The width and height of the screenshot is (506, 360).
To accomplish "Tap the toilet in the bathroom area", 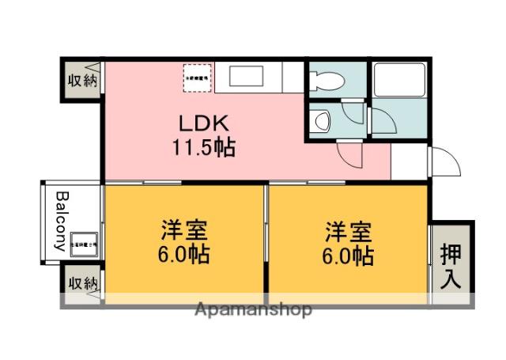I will coord(327,80).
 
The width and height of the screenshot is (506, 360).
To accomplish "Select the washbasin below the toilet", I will coord(322,120).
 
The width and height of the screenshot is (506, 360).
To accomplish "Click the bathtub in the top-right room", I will coord(400,80).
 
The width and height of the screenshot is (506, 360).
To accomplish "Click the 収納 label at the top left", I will coord(82,80).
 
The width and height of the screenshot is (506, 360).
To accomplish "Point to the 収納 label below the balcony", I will coord(82,282).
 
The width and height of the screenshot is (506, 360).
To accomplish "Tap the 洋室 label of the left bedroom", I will coord(184,233).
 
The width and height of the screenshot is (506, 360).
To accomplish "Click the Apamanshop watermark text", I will coord(253,309).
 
